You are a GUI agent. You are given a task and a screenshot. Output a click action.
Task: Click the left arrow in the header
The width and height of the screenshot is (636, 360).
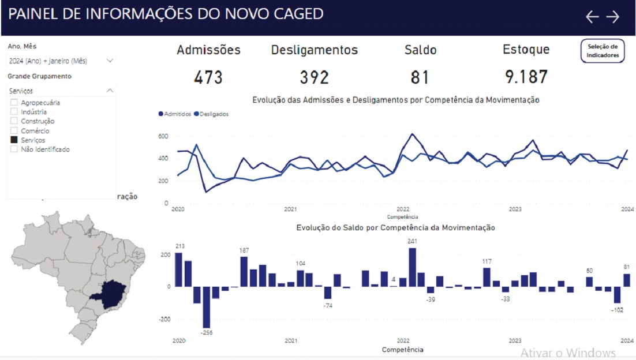click(x=592, y=17)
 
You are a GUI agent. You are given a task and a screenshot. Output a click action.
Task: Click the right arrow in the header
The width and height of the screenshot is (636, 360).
click(x=612, y=17)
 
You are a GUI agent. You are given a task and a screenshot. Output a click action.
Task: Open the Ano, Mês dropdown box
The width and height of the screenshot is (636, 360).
click(x=61, y=61)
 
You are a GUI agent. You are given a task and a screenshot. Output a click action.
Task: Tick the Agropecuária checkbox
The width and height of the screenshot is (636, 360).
click(x=14, y=103)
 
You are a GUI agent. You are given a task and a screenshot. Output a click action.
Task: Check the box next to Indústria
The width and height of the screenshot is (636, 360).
click(x=14, y=112)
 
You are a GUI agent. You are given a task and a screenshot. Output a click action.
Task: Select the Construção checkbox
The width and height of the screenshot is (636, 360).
click(x=14, y=121)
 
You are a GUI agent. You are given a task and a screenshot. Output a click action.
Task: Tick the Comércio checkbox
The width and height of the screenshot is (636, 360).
click(x=14, y=131)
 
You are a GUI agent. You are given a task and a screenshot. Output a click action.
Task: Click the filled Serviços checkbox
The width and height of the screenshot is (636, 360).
click(x=14, y=140)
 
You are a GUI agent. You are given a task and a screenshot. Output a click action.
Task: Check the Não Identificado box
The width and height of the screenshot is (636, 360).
click(x=14, y=149)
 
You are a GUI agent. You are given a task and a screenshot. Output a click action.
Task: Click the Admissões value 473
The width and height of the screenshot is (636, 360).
click(x=208, y=77)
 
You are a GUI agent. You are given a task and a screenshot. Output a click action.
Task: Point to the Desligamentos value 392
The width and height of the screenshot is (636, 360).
click(x=314, y=77)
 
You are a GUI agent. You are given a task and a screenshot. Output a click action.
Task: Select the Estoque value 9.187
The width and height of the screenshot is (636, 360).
click(x=526, y=77)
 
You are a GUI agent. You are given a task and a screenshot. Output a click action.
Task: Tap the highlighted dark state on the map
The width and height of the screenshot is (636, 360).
click(x=111, y=293)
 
